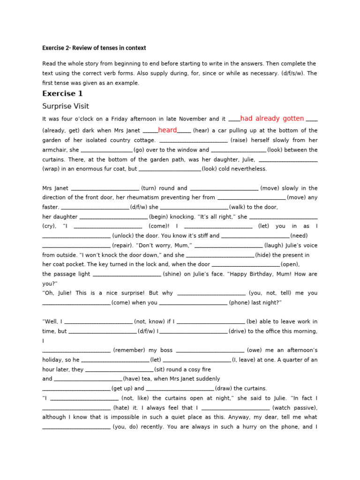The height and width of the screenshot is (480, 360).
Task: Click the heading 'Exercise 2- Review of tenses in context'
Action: (94, 48)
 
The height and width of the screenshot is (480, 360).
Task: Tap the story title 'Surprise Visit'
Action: (66, 106)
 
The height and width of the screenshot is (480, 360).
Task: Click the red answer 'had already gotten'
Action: (272, 119)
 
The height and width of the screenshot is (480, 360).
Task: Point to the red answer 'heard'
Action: (167, 130)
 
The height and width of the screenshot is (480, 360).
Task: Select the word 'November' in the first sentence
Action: (190, 119)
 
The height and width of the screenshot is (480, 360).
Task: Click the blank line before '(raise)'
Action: (194, 141)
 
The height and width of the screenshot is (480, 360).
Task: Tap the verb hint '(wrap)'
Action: (52, 169)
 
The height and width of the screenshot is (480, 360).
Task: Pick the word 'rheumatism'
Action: (141, 197)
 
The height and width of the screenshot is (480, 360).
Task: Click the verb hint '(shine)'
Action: (174, 274)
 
